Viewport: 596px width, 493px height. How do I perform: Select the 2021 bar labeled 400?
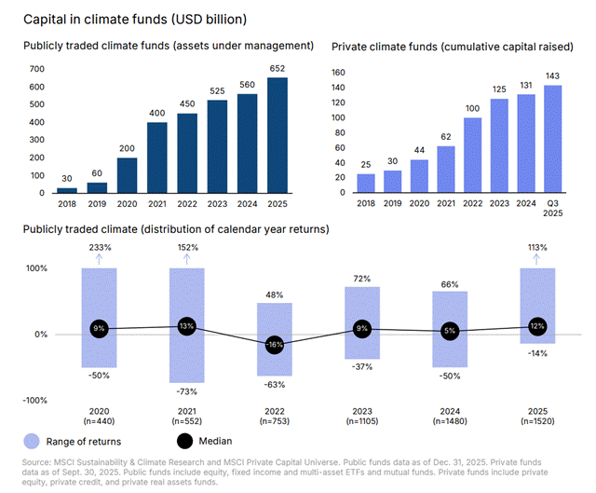pos(157,157)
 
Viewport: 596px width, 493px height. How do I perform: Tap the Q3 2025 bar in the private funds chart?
pos(553,139)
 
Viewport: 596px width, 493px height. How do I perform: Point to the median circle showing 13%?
pos(186,326)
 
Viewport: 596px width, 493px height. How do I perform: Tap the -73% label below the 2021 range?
pos(186,390)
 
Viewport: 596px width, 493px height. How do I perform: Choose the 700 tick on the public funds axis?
pos(37,69)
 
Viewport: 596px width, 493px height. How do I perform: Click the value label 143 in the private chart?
pos(553,75)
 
